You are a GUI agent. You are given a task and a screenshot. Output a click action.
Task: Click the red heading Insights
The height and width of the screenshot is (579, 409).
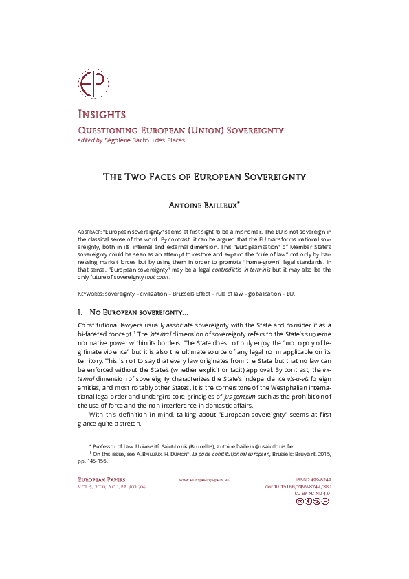click(101, 114)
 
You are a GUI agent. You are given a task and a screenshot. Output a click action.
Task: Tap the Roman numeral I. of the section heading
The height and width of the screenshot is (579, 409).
click(81, 312)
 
